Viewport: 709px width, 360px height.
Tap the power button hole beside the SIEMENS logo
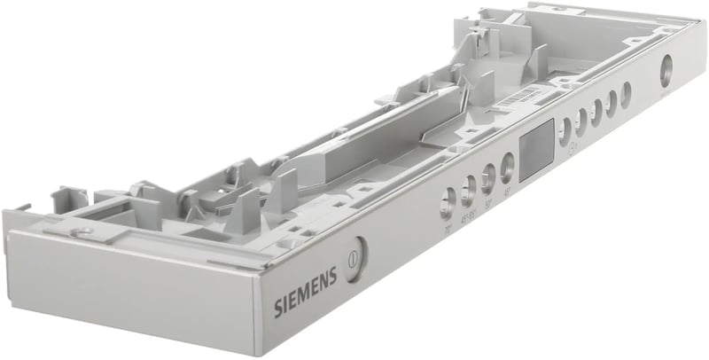pos(354,262)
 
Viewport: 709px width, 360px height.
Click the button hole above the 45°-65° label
pos(468,187)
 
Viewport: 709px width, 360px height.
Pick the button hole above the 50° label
pos(488,176)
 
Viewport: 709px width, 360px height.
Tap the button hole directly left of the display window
pos(507,164)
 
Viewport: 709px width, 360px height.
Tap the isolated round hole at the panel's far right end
pos(666,70)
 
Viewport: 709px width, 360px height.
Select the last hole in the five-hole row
pos(626,93)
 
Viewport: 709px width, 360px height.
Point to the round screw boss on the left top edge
pos(82,232)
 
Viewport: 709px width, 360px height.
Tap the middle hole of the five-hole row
pos(596,110)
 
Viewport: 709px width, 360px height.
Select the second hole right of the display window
pos(581,119)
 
